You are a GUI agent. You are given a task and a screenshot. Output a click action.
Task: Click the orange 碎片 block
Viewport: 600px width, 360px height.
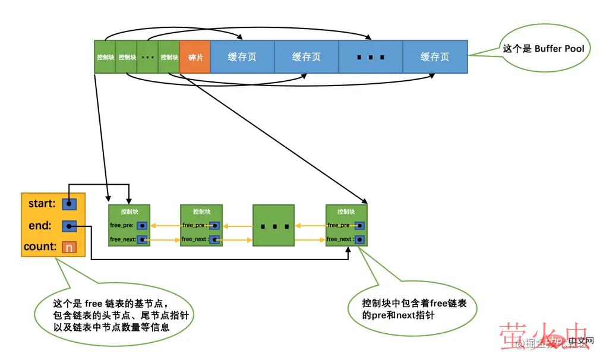[x=195, y=57]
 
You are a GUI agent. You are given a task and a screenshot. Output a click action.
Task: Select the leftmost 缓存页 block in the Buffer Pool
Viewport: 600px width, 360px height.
[x=242, y=57]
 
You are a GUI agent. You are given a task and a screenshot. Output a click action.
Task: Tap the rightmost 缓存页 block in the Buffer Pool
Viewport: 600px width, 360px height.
[x=435, y=57]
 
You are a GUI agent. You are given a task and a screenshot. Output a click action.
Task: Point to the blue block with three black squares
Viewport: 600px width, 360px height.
[x=371, y=57]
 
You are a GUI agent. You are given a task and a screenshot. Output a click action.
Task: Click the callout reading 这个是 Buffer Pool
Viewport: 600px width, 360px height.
[x=544, y=49]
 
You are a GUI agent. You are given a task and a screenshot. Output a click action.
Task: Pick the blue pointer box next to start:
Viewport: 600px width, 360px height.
[x=69, y=204]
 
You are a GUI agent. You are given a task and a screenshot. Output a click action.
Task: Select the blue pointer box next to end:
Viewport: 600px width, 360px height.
[x=69, y=226]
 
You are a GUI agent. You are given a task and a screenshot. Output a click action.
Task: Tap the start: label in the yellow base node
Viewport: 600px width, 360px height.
[x=42, y=204]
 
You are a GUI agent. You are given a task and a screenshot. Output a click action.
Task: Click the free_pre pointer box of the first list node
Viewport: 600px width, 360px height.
[x=142, y=226]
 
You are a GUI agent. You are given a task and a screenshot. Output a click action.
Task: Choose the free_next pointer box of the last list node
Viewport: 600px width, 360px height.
[x=360, y=240]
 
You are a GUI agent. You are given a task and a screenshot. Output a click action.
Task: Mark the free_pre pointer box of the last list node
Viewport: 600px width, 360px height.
[x=360, y=226]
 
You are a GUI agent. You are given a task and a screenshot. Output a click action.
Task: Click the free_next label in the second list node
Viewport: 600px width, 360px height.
[x=194, y=239]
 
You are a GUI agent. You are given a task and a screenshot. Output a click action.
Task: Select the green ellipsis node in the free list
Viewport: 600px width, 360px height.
[x=273, y=226]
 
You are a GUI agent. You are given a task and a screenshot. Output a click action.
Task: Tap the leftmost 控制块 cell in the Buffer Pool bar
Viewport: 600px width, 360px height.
[x=105, y=57]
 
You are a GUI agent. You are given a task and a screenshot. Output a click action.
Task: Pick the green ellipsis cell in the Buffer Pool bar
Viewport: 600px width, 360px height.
[x=148, y=57]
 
